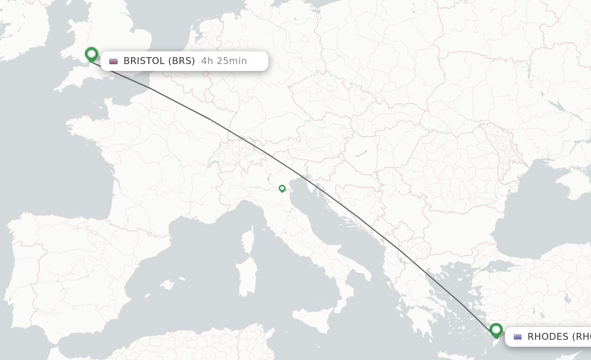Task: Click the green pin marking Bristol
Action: [91, 54]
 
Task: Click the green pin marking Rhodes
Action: [496, 330]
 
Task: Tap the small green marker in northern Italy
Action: [282, 188]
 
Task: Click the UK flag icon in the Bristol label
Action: [114, 61]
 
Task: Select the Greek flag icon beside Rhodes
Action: [518, 337]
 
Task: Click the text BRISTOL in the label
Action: [144, 61]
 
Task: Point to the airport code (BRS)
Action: [182, 61]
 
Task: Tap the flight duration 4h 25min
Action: [224, 61]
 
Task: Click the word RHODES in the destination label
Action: [548, 337]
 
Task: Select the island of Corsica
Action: [248, 239]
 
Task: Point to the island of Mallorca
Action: [167, 284]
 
